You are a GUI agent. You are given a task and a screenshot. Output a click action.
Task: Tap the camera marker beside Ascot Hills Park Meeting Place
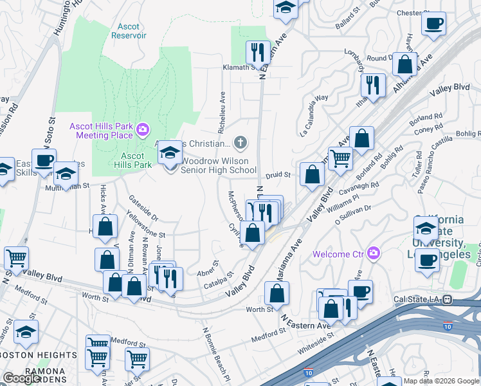click(143, 131)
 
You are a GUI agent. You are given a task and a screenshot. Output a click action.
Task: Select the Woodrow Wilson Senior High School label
click(219, 165)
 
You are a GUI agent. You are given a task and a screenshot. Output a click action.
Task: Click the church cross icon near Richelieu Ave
click(240, 142)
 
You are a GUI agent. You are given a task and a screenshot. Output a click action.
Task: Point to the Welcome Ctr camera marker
click(372, 253)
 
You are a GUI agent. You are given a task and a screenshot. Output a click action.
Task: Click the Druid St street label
click(278, 174)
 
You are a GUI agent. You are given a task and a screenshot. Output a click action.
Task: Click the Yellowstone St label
click(146, 224)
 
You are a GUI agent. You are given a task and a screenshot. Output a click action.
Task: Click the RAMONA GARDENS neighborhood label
click(44, 372)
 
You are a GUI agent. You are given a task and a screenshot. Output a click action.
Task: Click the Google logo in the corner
click(22, 378)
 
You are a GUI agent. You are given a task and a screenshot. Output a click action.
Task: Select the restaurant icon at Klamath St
click(258, 51)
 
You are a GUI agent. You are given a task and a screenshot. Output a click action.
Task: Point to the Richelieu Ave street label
click(223, 106)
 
